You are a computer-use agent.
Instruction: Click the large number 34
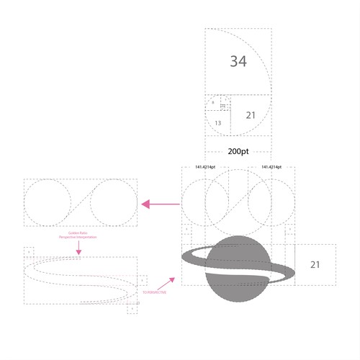[238, 61]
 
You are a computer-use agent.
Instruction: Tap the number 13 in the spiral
[217, 123]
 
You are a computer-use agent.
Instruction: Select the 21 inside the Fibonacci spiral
[251, 115]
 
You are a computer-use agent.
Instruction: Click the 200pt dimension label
[238, 153]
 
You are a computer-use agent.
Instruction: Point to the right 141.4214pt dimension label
[271, 167]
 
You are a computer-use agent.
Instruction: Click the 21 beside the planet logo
[315, 265]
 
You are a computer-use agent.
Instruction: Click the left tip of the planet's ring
[183, 256]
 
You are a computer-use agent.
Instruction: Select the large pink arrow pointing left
[160, 204]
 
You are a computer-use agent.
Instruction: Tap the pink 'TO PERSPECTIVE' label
[153, 292]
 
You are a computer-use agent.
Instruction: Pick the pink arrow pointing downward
[80, 248]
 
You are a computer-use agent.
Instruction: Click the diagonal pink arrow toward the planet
[170, 279]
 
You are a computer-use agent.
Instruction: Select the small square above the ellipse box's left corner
[29, 251]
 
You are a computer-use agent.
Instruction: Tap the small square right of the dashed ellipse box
[143, 279]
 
